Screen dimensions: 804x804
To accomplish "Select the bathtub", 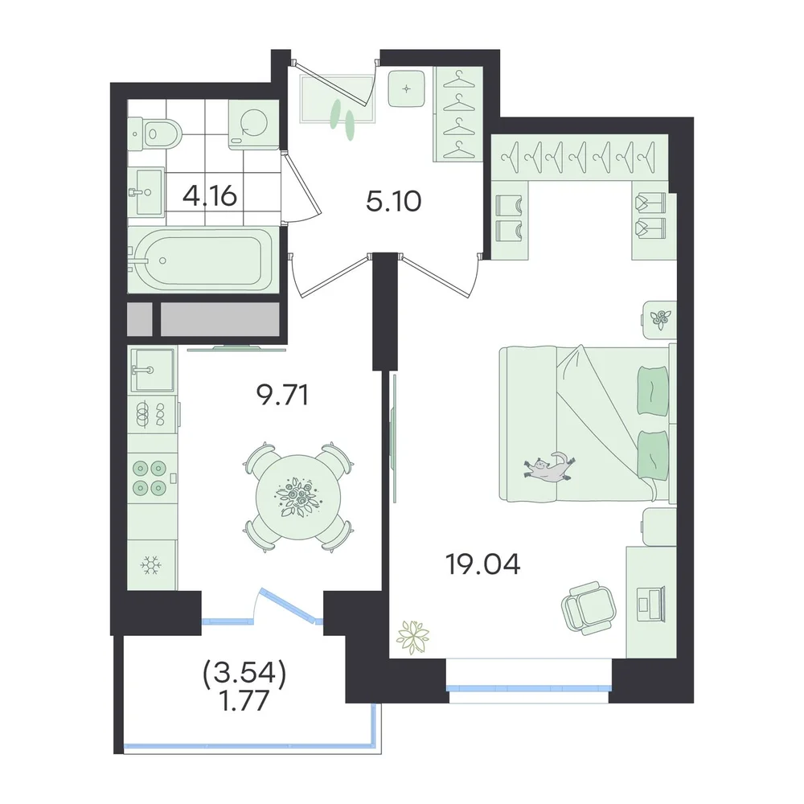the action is point(203,260).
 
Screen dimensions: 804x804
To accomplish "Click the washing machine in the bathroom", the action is point(254,125).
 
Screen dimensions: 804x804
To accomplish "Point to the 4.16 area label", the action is point(210,196).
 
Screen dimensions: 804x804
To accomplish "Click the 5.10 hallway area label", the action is point(394,201).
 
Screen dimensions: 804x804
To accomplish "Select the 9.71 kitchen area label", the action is point(282,396).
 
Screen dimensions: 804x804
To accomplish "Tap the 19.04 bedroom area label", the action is point(483,564).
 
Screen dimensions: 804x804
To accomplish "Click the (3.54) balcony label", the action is point(244,675).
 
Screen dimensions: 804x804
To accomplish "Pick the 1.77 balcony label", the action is point(244,701).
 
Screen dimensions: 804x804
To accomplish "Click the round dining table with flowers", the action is point(298,496).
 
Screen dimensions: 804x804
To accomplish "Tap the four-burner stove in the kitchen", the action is point(150,478).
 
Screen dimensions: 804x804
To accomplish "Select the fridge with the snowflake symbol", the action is point(152,565).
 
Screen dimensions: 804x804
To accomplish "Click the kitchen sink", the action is point(152,369).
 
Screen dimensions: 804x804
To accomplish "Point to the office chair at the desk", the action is point(589,608).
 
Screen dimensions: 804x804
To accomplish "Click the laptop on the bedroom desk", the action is point(650,600).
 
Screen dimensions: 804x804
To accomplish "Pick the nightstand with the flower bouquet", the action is point(659,319).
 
